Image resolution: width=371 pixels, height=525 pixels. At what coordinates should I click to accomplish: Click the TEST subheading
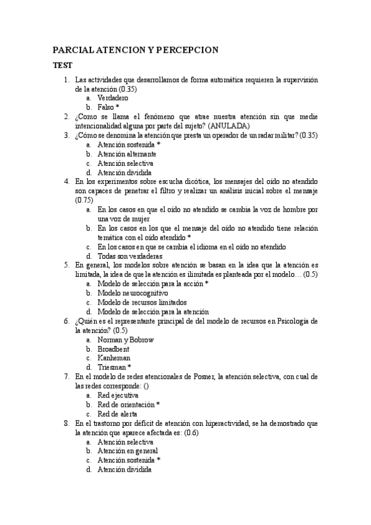coord(62,65)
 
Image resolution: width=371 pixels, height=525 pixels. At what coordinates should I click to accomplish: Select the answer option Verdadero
coord(113,98)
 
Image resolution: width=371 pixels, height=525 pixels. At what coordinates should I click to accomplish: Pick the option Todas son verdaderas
coord(130,256)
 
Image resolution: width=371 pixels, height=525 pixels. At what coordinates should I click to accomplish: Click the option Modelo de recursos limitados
coord(142,302)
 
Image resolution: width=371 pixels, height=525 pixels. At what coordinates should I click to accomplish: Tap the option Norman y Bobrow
coord(126,340)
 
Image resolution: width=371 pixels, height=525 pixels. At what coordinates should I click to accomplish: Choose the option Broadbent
coord(113,349)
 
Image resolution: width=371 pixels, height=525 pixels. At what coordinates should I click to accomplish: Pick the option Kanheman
coord(114,358)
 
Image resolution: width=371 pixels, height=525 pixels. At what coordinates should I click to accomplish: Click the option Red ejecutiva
coord(118,395)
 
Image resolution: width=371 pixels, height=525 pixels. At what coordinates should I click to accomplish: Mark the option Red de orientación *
coord(129,404)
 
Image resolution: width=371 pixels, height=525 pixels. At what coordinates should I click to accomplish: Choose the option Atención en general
coord(128,451)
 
